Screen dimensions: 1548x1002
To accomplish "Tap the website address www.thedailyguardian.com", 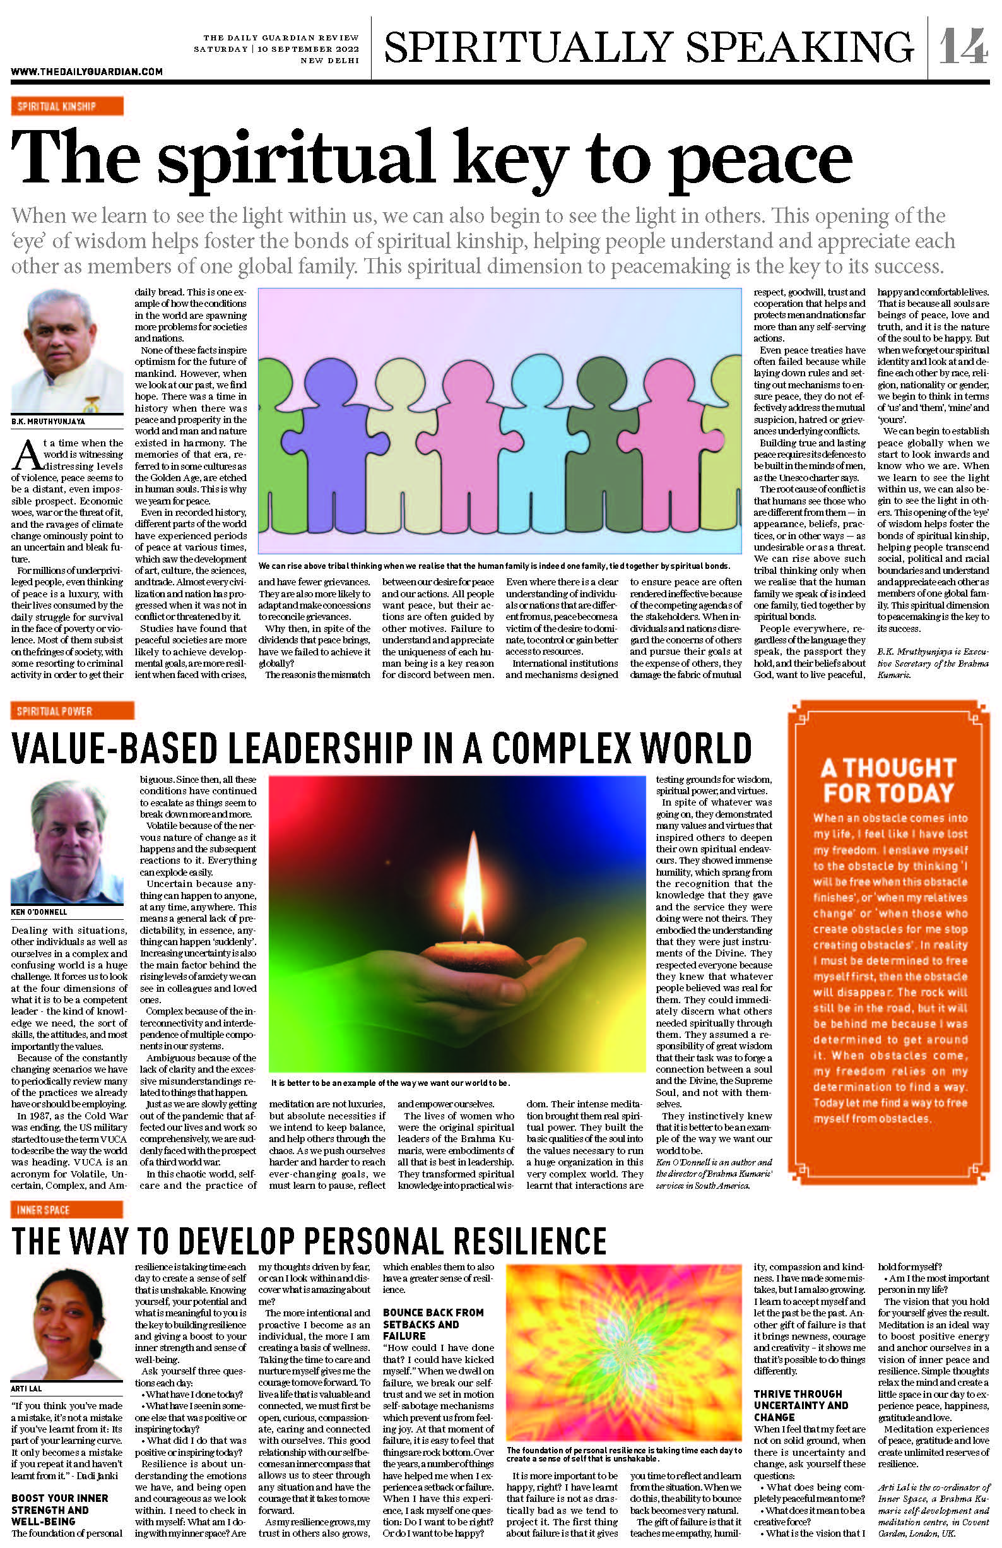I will (x=86, y=71).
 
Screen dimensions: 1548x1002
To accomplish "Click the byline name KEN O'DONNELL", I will (x=37, y=912).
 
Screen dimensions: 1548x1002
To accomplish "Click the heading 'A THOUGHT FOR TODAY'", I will (x=888, y=780).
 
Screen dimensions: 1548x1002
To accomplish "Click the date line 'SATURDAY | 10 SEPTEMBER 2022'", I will (x=276, y=49).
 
